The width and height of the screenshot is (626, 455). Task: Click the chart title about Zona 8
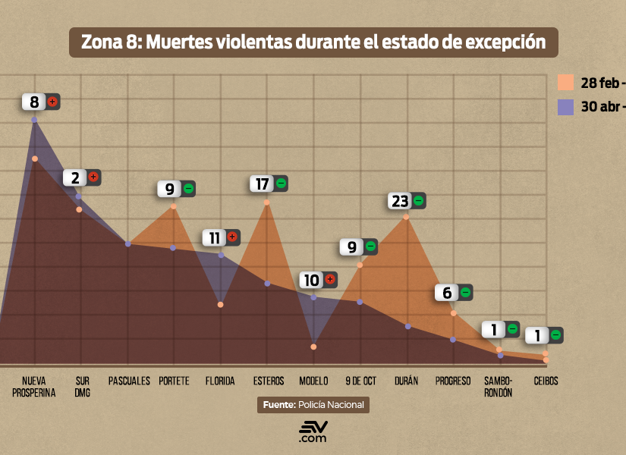click(x=313, y=42)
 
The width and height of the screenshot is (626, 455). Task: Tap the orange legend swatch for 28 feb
click(x=565, y=82)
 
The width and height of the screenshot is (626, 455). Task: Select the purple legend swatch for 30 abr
click(x=565, y=107)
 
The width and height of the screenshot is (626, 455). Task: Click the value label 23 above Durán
click(x=399, y=201)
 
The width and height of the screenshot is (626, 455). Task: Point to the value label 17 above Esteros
click(x=262, y=183)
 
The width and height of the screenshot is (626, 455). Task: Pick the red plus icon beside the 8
click(x=52, y=102)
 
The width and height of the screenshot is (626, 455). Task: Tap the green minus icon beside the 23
click(x=417, y=201)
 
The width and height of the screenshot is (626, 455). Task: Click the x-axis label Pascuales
click(x=129, y=381)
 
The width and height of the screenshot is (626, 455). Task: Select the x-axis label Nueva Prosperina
click(x=34, y=387)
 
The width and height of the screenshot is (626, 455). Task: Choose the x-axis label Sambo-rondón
click(x=499, y=387)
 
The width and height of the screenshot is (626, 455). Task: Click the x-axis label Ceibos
click(x=546, y=381)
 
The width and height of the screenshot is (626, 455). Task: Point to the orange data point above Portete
click(x=174, y=206)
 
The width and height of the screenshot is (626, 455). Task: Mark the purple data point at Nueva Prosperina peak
click(x=35, y=120)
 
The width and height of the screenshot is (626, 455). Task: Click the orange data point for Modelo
click(x=313, y=347)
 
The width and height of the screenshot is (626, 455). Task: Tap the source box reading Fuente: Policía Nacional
click(x=313, y=405)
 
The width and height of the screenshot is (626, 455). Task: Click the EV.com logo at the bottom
click(x=313, y=432)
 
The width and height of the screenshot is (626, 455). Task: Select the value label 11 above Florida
click(x=215, y=237)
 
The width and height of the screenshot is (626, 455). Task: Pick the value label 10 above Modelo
click(x=311, y=280)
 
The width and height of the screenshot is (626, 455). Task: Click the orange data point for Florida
click(x=221, y=305)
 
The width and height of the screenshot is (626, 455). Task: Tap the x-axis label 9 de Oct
click(x=360, y=381)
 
